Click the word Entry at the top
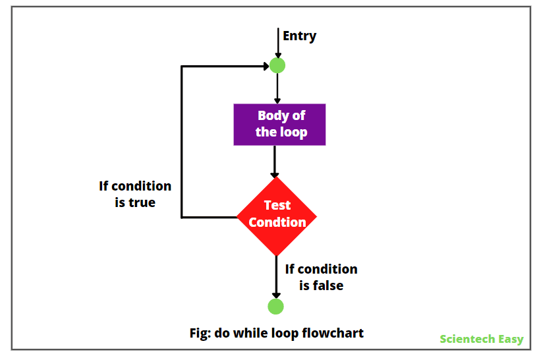299,36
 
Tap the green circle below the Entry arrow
277,65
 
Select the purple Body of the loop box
280,124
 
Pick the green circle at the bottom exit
276,307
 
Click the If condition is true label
135,195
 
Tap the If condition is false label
321,277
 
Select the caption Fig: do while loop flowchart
276,333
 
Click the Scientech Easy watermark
482,339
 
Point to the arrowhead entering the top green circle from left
265,66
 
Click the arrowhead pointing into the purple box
277,100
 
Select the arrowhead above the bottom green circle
276,294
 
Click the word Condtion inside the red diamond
277,223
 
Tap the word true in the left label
142,203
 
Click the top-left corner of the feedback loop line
182,67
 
